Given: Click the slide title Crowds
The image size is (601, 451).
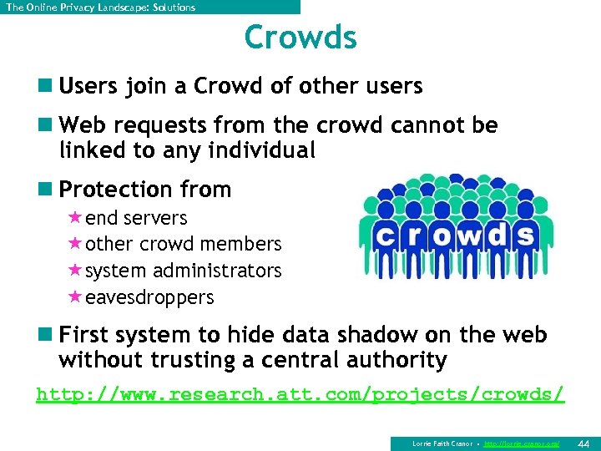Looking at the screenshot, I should tap(300, 38).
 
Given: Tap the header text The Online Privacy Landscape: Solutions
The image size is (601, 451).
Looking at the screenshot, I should tap(100, 8).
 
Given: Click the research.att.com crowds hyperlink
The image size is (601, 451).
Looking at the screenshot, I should tap(300, 393).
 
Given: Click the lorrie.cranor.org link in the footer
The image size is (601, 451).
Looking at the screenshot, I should tap(522, 443).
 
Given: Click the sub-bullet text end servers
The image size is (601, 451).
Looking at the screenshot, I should tap(136, 218).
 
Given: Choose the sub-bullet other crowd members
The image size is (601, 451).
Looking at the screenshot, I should tap(184, 245).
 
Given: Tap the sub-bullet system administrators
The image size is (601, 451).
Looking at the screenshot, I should tap(184, 271).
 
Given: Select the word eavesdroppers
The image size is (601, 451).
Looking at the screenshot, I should tap(149, 298).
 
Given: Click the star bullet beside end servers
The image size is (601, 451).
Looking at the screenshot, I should tap(74, 217).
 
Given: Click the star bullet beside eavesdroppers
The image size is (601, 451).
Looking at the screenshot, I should tap(74, 297).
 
